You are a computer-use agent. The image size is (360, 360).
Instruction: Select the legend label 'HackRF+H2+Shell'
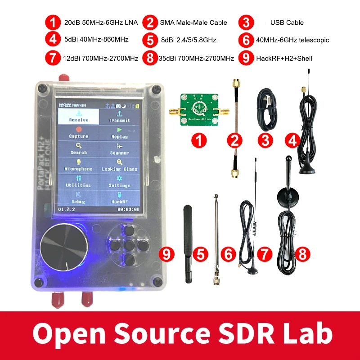point(284,58)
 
